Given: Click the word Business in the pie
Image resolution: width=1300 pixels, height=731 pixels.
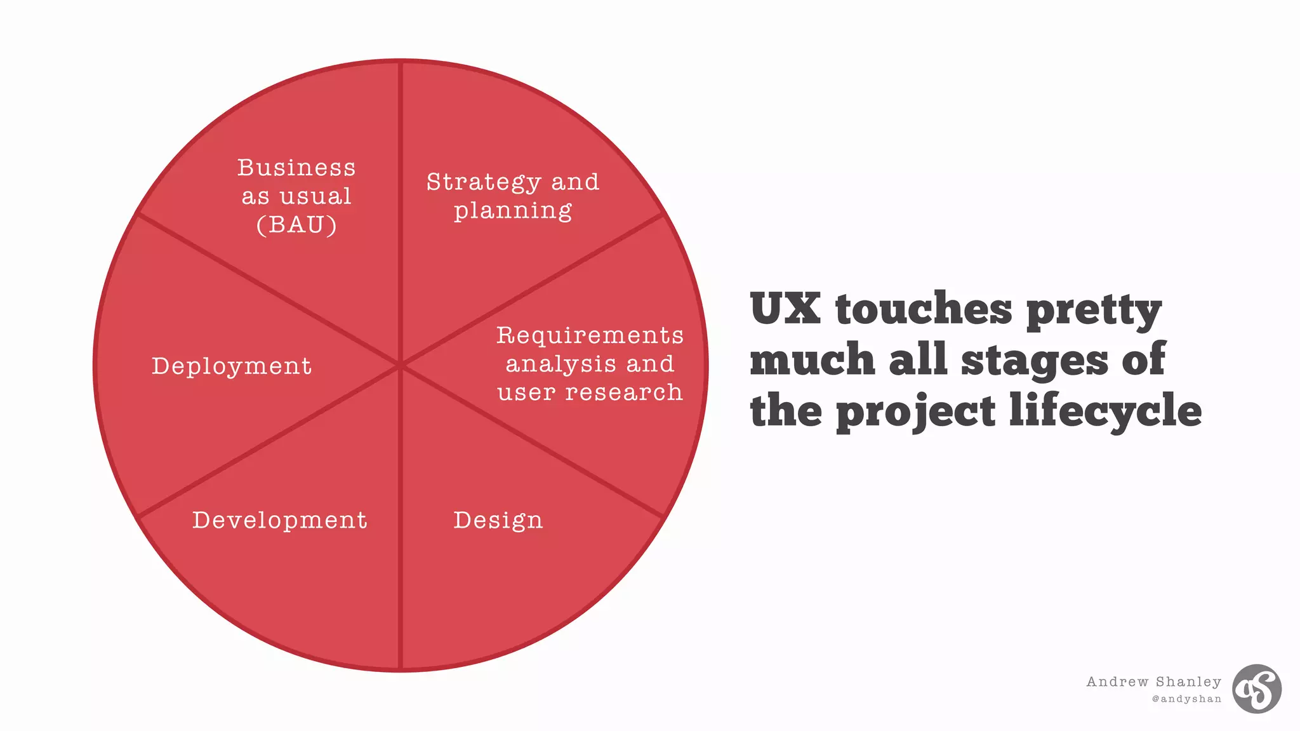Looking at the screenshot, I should tap(296, 168).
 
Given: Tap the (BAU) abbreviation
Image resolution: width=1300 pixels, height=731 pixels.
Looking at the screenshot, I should tap(296, 225).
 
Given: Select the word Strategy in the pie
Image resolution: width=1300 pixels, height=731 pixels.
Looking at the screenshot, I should tap(483, 182).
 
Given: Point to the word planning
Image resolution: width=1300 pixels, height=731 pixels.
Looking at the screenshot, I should tap(513, 210).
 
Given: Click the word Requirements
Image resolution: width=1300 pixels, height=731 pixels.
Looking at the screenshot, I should tap(590, 335).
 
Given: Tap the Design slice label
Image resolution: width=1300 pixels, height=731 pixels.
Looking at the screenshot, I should tap(498, 520).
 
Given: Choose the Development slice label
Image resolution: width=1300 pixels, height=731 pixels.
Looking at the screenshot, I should tap(280, 520).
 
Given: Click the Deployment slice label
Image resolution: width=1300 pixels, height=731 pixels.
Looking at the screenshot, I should tap(232, 366).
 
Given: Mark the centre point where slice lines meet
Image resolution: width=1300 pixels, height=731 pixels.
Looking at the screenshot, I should tap(401, 365).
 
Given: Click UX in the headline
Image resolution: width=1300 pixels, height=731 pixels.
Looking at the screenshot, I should tap(785, 309).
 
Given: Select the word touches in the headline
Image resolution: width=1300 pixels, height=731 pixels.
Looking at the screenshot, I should tap(924, 309).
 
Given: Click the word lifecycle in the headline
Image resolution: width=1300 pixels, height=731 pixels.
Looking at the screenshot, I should tap(1105, 412).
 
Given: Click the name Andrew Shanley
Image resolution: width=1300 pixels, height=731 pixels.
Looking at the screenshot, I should tap(1153, 681).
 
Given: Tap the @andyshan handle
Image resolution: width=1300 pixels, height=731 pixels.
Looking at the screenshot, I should tap(1186, 699).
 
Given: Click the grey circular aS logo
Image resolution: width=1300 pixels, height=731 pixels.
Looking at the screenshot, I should tap(1256, 688).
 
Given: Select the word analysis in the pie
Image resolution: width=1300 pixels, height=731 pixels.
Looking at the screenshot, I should tap(560, 364).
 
